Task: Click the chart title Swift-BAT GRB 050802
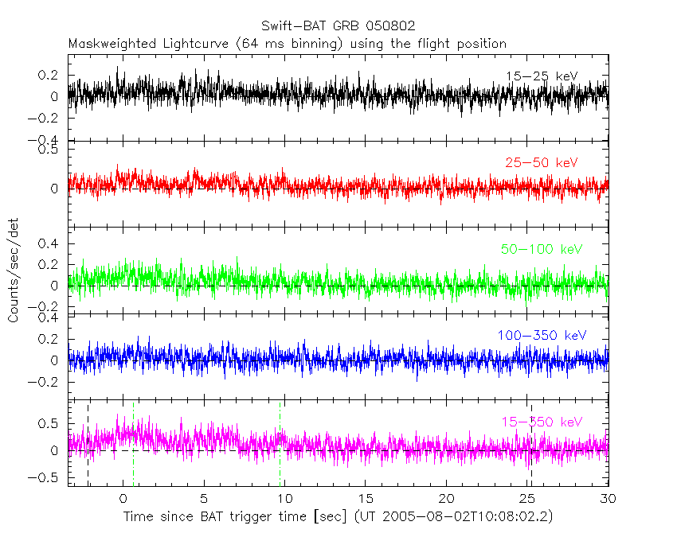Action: tap(338, 26)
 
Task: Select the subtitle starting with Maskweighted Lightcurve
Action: tap(288, 43)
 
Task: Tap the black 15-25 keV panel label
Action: tap(541, 76)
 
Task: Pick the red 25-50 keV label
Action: tap(541, 163)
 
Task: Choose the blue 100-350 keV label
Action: tap(541, 336)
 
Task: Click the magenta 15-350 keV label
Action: tap(542, 422)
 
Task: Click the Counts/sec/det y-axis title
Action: tap(14, 270)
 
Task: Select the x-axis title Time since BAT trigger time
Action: tap(235, 517)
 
